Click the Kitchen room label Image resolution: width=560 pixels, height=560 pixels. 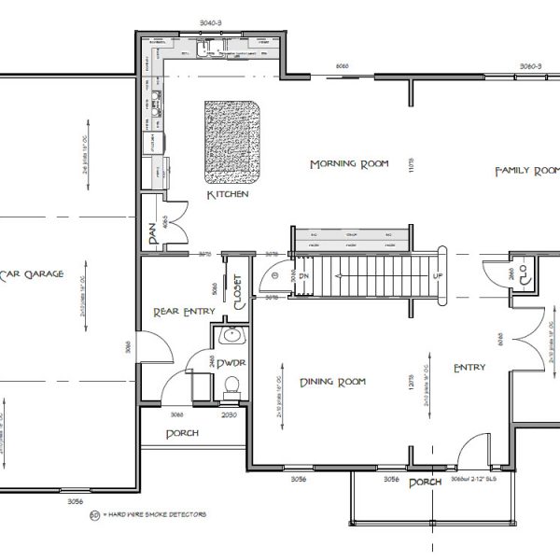pos(228,195)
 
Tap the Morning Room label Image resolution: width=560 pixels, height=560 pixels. pos(348,164)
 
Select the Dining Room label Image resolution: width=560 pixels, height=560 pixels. pos(332,381)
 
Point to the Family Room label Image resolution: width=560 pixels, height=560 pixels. pos(526,171)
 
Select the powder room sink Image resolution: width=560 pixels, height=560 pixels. pos(231,337)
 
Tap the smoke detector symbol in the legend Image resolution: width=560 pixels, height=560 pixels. pos(94,514)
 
